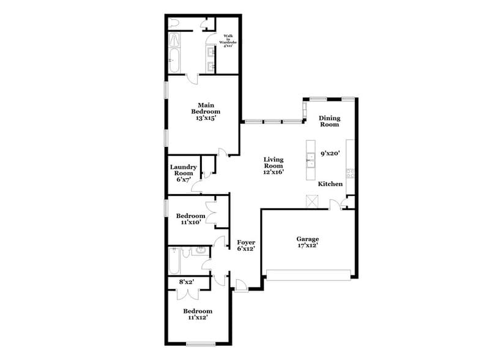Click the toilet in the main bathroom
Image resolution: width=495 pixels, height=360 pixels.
176,23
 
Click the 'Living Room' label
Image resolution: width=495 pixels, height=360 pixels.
274,162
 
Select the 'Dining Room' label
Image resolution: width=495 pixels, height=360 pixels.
329,121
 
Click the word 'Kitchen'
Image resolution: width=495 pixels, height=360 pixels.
330,184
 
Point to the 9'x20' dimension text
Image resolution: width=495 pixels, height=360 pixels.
330,155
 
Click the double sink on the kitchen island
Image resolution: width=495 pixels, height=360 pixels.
311,161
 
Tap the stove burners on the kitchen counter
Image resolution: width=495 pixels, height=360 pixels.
351,173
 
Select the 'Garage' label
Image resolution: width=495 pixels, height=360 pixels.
308,239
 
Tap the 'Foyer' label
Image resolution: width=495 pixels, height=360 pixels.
246,242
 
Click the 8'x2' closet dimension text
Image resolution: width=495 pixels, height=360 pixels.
185,282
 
